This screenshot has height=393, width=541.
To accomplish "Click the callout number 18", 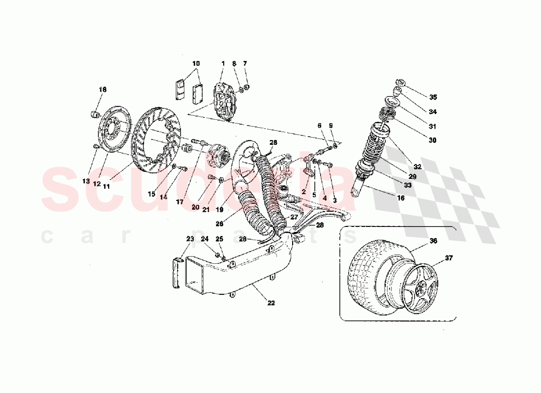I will click(x=102, y=90).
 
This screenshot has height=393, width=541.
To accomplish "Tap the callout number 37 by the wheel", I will click(x=450, y=257).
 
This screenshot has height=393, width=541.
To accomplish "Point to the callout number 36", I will click(x=432, y=241).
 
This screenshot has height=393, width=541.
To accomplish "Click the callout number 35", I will click(x=432, y=97).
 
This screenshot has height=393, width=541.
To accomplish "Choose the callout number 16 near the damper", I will click(x=401, y=198).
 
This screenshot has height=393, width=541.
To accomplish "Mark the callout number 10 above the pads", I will click(x=196, y=64).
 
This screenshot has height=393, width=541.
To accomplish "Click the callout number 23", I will click(x=189, y=239).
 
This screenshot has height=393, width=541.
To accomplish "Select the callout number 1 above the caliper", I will click(x=222, y=64).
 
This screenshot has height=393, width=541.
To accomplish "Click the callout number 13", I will click(x=86, y=181).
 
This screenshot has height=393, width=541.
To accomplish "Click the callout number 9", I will click(x=331, y=126).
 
